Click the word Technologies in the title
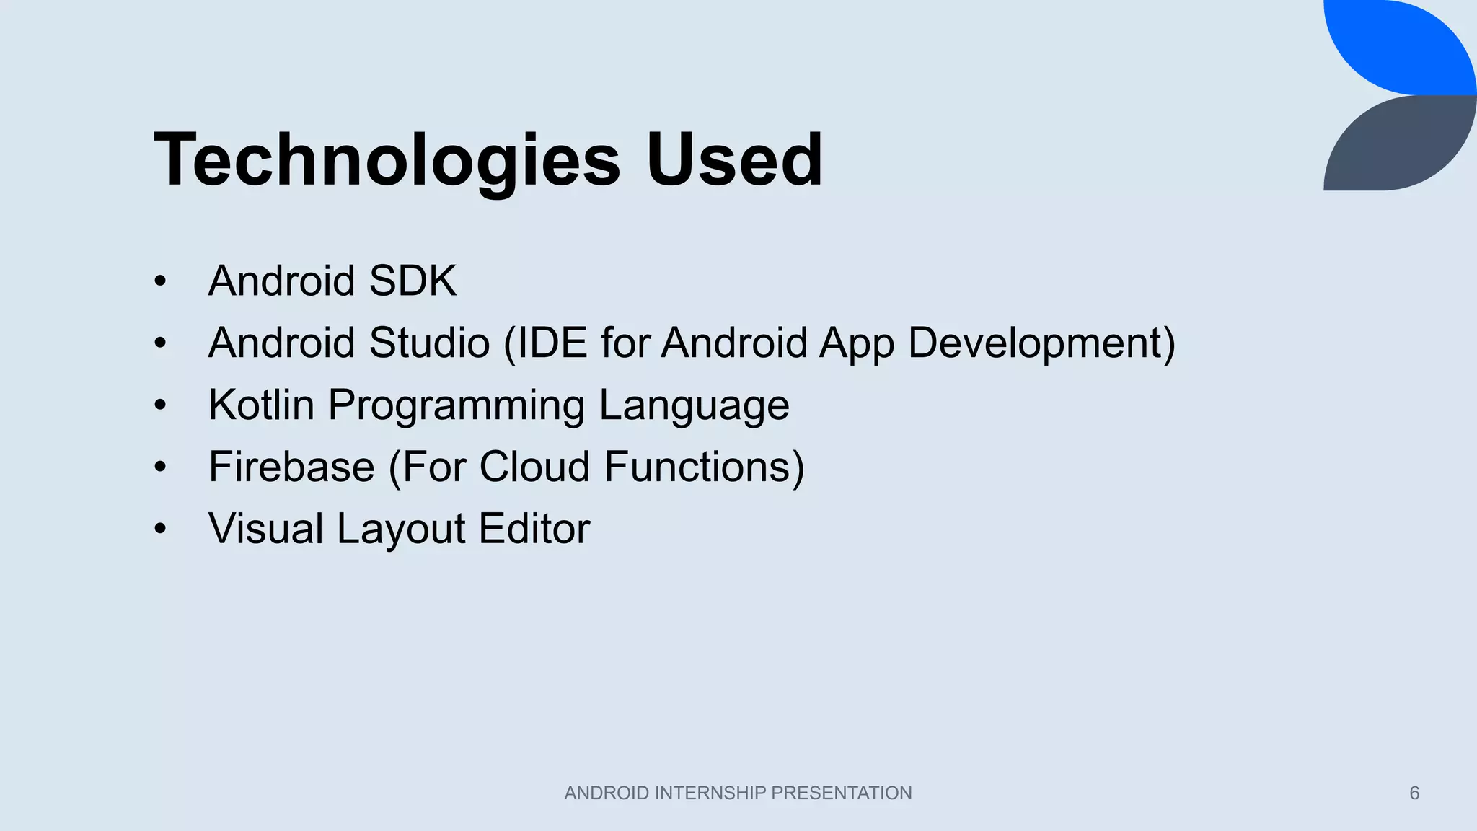pyautogui.click(x=387, y=160)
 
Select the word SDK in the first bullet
pyautogui.click(x=413, y=281)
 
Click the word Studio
pyautogui.click(x=430, y=343)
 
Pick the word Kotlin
pyautogui.click(x=261, y=405)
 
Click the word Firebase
pyautogui.click(x=291, y=467)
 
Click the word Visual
pyautogui.click(x=265, y=529)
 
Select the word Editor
pyautogui.click(x=534, y=529)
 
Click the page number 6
pyautogui.click(x=1414, y=793)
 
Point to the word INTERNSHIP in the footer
pyautogui.click(x=710, y=793)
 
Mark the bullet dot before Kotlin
pyautogui.click(x=160, y=405)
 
